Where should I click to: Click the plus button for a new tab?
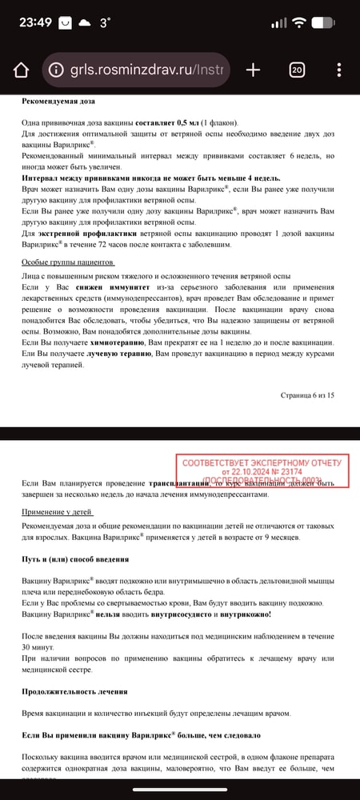pos(253,70)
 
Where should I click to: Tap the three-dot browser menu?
pos(338,70)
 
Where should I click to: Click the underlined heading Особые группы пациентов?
pos(68,262)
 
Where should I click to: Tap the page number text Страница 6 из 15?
pos(308,394)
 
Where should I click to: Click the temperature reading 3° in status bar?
pos(105,23)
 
